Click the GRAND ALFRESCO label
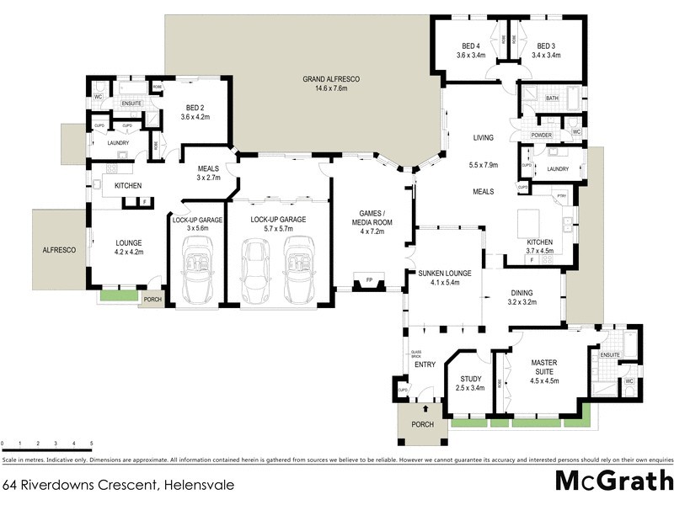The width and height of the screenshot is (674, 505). click(331, 79)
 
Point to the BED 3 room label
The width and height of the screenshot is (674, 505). click(546, 45)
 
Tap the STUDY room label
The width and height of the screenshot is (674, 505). click(470, 378)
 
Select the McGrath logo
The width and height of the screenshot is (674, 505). click(613, 481)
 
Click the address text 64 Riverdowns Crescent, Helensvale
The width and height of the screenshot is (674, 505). click(106, 485)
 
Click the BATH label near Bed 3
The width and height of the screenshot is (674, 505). click(552, 98)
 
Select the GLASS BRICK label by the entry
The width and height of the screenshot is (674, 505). click(415, 354)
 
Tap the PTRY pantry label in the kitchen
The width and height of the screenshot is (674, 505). click(561, 195)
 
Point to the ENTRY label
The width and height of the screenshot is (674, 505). click(425, 364)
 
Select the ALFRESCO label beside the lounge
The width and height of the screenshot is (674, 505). click(60, 250)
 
